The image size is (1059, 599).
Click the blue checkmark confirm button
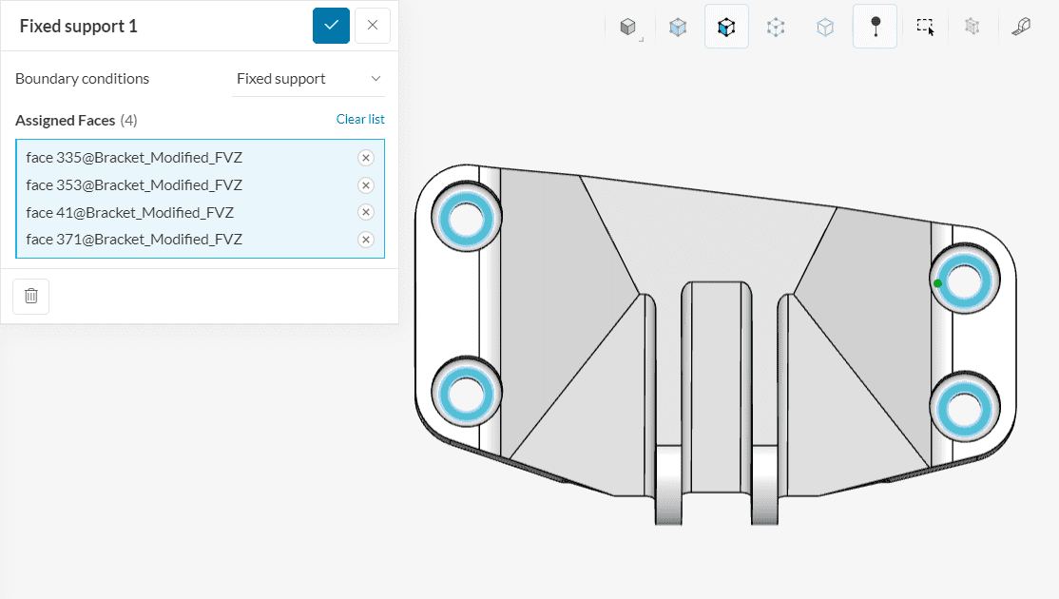click(331, 26)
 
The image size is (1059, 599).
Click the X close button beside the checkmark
click(373, 26)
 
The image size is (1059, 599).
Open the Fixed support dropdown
click(309, 79)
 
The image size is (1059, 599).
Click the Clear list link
click(360, 120)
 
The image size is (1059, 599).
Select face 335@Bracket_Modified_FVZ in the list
click(134, 158)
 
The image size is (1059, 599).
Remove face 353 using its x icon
click(366, 185)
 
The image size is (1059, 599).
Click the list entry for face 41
click(129, 212)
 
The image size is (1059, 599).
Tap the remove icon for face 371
click(366, 240)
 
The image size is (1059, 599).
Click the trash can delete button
click(31, 296)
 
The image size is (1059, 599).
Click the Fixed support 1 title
click(79, 27)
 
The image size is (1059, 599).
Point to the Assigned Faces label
click(66, 121)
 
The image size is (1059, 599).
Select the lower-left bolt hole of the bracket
click(467, 394)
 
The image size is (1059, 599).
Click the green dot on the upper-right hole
click(938, 283)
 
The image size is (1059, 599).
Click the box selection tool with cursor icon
click(925, 27)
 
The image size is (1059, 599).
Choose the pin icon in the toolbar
click(875, 27)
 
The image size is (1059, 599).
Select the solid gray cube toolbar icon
click(627, 27)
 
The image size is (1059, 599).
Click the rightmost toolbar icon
click(1021, 27)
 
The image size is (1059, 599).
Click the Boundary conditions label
click(82, 79)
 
